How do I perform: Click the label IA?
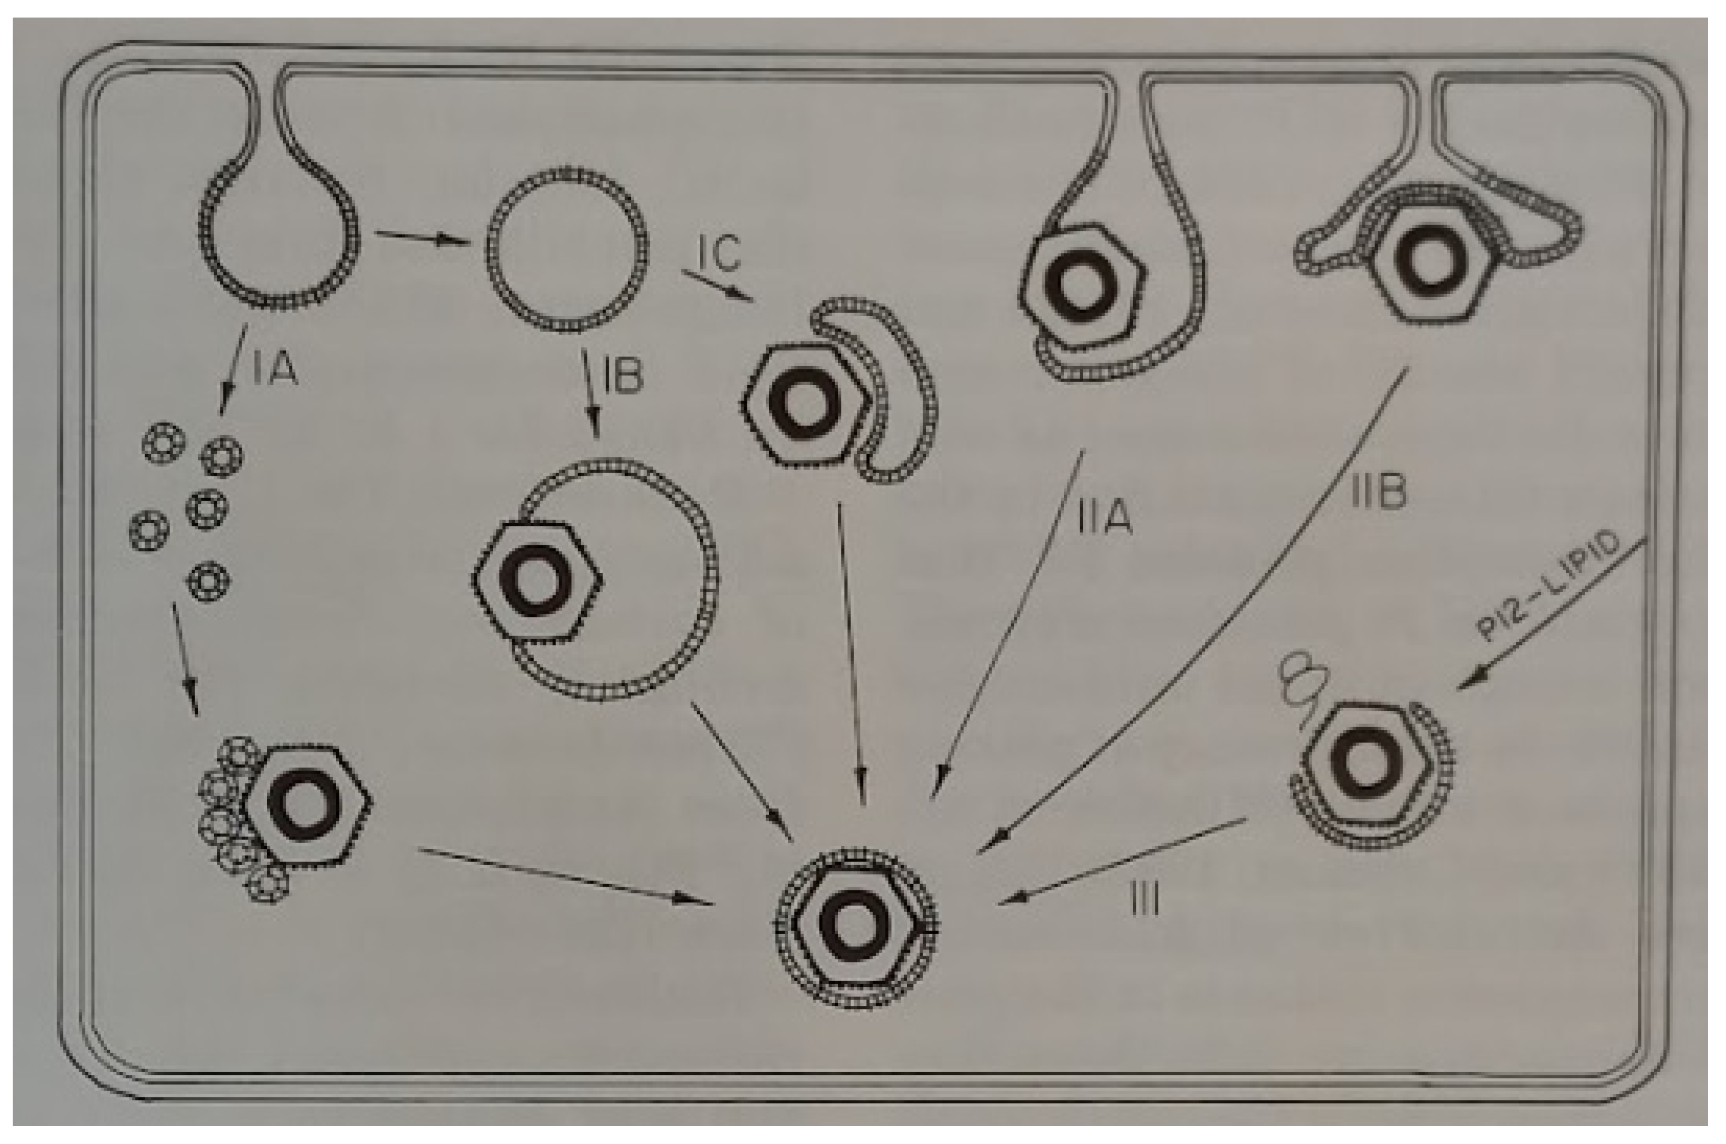coord(276,370)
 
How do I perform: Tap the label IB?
coord(622,376)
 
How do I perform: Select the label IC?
coord(719,253)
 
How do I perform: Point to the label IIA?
coord(1105,518)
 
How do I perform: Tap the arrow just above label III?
coord(1122,863)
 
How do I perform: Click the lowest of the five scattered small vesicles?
coord(210,582)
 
